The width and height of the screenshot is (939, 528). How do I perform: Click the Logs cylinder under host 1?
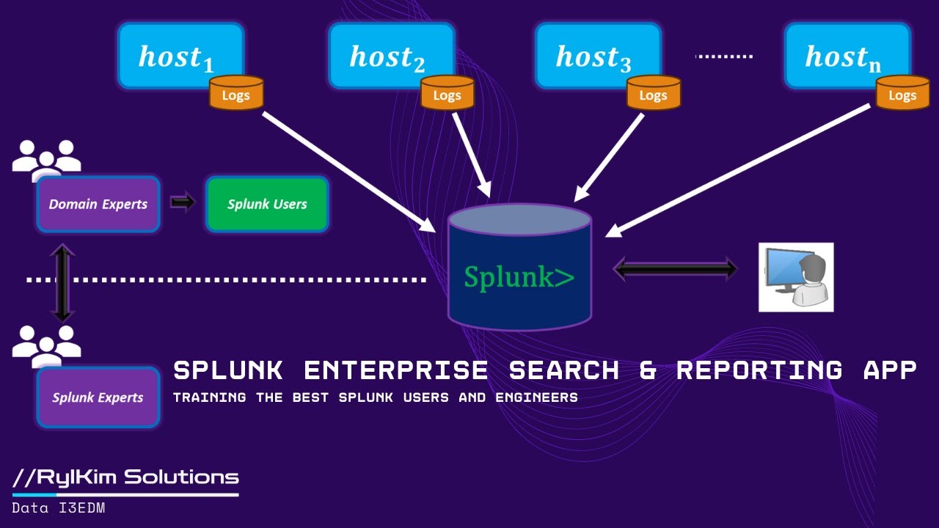point(236,93)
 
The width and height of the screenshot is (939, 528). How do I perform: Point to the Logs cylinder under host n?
point(902,93)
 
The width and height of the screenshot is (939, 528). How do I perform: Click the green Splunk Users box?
point(267,204)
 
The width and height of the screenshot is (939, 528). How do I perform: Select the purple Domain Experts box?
point(98,204)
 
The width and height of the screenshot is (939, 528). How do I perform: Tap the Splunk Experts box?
point(98,397)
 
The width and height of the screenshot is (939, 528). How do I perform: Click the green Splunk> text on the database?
point(519,276)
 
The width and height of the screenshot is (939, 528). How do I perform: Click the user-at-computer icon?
point(796,277)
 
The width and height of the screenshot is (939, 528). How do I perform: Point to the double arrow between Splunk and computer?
point(675,269)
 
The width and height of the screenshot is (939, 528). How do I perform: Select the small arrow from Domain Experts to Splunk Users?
point(183,202)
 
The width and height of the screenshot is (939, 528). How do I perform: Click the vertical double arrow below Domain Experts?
point(62,283)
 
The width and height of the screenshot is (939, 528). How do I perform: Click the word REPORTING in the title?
point(760,370)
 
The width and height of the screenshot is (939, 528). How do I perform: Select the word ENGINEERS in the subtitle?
point(539,397)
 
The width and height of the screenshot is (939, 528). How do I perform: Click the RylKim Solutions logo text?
point(126,477)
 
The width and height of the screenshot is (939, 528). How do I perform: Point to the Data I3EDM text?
point(59,507)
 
